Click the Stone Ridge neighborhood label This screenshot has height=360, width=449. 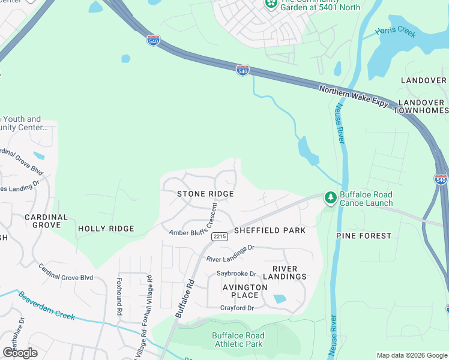coord(205,194)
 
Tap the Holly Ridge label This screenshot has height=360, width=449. coord(106,229)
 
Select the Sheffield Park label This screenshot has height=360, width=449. coord(270,230)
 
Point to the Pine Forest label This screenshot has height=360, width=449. coord(364,236)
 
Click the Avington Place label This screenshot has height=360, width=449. coord(245,291)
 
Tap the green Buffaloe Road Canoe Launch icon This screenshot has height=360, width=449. coord(330,197)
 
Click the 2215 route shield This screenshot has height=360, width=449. coord(219,236)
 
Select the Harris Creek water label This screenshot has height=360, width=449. coord(395,32)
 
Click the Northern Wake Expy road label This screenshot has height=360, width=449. coord(355,96)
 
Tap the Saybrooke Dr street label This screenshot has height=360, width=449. coord(237,274)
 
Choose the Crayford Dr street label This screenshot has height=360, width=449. coord(237,308)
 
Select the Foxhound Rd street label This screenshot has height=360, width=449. coord(119,296)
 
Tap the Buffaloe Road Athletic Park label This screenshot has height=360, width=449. coord(238,340)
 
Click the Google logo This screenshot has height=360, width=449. coord(20,353)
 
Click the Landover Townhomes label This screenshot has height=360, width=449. coord(420,106)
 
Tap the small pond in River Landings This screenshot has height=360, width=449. coord(279,299)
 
